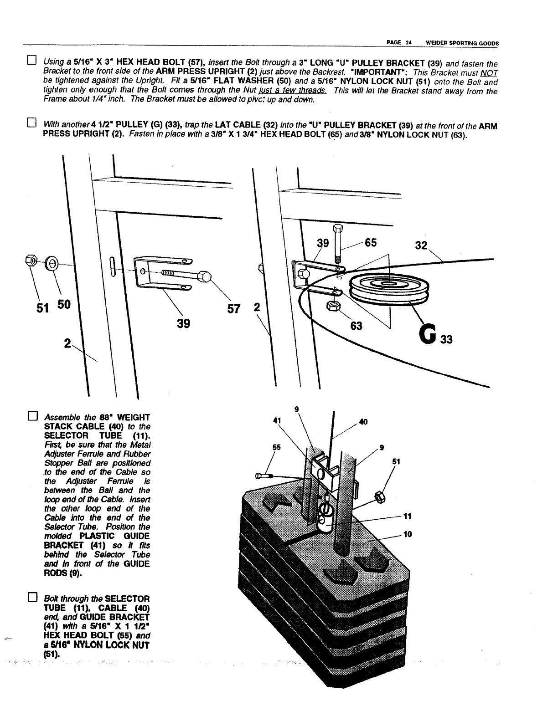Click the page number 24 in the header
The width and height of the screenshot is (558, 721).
(x=409, y=43)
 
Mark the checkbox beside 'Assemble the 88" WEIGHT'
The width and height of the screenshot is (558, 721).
(x=31, y=416)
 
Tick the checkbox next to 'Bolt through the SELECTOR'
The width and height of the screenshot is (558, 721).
(x=31, y=597)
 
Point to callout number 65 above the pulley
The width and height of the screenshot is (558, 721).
(x=370, y=243)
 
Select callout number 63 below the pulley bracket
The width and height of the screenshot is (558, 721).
(x=356, y=326)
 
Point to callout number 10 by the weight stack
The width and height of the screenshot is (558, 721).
(x=408, y=534)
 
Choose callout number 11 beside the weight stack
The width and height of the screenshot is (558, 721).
(x=408, y=516)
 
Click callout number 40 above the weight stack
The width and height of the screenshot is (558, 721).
(x=363, y=422)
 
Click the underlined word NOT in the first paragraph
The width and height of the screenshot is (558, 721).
(x=491, y=74)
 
